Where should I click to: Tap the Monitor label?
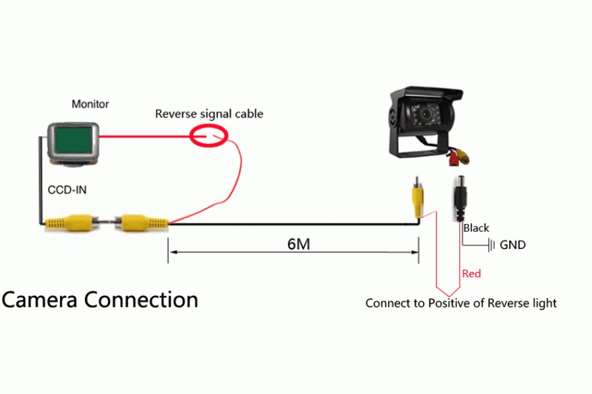[x=90, y=104]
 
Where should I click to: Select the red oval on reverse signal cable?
[x=209, y=137]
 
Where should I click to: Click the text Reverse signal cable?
[x=209, y=114]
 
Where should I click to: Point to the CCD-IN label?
[x=67, y=190]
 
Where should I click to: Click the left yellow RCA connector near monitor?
[x=68, y=221]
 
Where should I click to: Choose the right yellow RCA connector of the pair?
[x=141, y=221]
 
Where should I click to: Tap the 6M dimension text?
[x=299, y=244]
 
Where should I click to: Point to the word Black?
[x=476, y=228]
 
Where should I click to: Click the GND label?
[x=513, y=245]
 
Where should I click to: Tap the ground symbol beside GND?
[x=491, y=245]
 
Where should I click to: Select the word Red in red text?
[x=472, y=273]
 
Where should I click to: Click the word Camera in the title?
[x=41, y=299]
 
